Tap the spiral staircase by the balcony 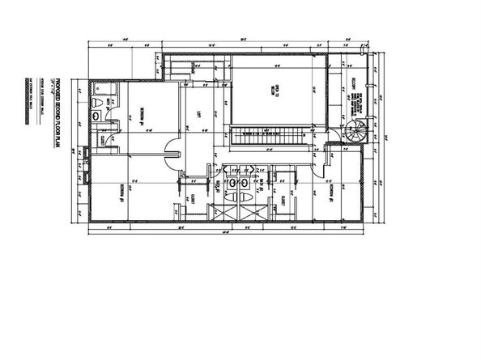(x=355, y=131)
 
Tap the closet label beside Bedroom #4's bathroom (x=103, y=142)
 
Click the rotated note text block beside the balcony (x=355, y=104)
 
